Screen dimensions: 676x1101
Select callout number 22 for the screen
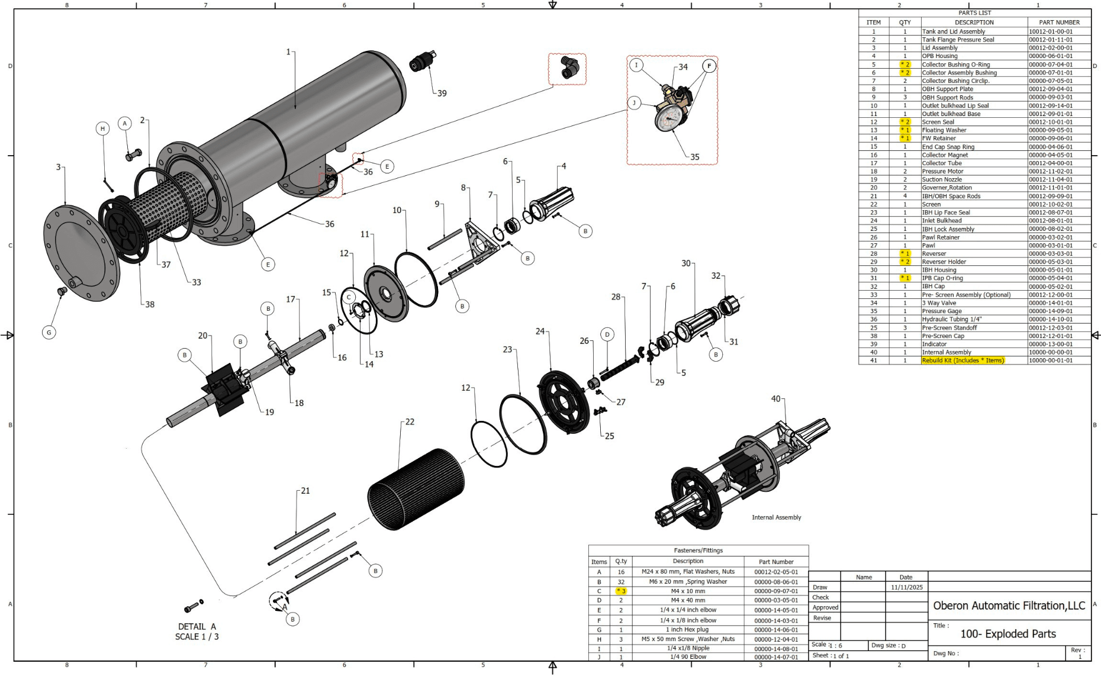click(x=410, y=422)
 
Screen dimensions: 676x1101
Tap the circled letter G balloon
click(x=49, y=333)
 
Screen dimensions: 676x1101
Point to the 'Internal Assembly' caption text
click(x=776, y=517)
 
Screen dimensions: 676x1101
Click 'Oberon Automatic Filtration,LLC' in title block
click(x=1009, y=606)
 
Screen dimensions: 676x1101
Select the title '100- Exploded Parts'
click(x=1007, y=634)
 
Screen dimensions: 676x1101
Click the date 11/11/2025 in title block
click(x=906, y=587)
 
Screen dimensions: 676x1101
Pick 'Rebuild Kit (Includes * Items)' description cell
click(x=962, y=360)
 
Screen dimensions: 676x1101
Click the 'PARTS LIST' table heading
click(x=974, y=13)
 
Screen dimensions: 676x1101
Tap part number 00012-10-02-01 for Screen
click(x=1050, y=204)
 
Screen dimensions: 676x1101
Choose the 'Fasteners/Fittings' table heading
click(x=698, y=551)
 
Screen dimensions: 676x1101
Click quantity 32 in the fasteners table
click(x=621, y=582)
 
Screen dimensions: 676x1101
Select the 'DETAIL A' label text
click(x=197, y=626)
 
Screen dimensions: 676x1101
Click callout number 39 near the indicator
click(x=442, y=94)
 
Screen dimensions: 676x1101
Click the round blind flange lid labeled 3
click(x=81, y=253)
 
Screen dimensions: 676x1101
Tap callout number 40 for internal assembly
click(x=775, y=399)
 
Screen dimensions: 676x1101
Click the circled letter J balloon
click(x=634, y=103)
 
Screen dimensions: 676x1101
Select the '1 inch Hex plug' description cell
click(x=688, y=630)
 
